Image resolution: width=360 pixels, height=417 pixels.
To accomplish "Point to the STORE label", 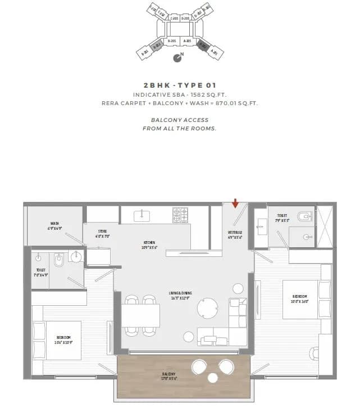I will click(x=102, y=233).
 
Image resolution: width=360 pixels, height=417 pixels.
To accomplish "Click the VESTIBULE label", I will click(x=235, y=234).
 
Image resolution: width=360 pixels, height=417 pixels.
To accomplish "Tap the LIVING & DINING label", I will click(x=180, y=295).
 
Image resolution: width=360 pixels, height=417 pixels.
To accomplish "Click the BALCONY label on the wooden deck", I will click(x=170, y=376).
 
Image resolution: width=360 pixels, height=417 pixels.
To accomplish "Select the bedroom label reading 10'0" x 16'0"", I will click(x=300, y=298).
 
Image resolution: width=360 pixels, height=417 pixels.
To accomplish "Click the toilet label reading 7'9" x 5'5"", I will click(x=282, y=217).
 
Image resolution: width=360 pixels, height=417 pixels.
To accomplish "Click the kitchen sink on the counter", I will click(x=143, y=214).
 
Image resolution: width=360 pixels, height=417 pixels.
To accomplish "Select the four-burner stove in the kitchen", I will click(x=180, y=214).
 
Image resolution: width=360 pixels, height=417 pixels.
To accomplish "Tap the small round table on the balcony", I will click(x=213, y=378).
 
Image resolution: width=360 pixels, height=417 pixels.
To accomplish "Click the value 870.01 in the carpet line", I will click(x=223, y=103).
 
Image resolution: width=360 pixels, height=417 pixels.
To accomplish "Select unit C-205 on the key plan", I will click(x=174, y=19).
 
